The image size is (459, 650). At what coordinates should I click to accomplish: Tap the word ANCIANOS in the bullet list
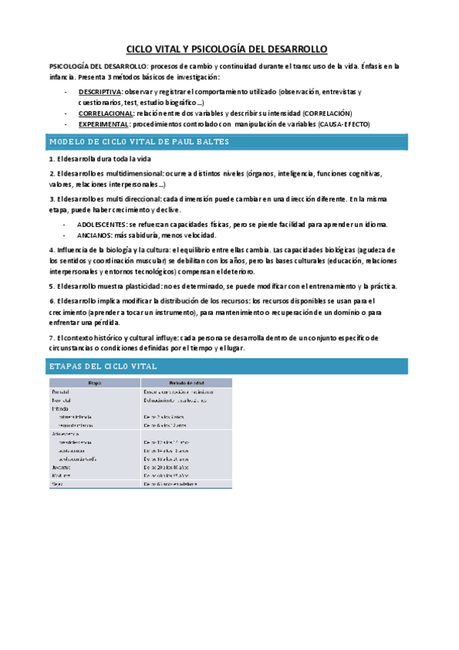point(93,235)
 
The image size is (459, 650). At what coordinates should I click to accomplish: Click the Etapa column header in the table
point(93,382)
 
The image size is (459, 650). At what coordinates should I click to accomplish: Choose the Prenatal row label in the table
point(62,391)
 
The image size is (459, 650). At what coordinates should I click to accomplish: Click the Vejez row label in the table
point(58,484)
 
